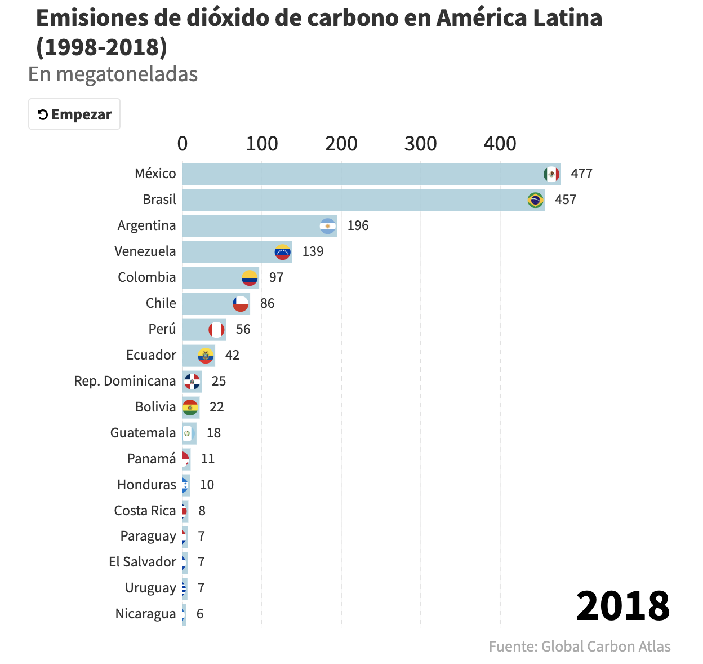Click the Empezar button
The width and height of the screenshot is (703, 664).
tap(74, 114)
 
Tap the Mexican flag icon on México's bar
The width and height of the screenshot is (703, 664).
tap(551, 174)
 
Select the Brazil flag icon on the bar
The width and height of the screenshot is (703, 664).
tap(535, 200)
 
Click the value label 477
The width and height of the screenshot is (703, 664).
tap(581, 174)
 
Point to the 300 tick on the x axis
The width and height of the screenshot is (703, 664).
tap(420, 144)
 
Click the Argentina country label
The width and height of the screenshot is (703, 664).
tap(146, 225)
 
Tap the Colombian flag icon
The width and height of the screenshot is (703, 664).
tap(250, 278)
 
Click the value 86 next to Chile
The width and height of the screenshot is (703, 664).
tap(267, 304)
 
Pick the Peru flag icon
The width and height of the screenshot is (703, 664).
tap(216, 330)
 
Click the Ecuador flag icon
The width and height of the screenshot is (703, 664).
tap(206, 356)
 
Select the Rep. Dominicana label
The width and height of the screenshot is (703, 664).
tap(125, 382)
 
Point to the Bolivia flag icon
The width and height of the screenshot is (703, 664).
tap(190, 408)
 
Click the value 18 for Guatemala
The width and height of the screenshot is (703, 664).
tap(213, 433)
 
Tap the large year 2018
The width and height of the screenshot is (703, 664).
tap(622, 606)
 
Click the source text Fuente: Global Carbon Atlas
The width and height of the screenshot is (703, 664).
tap(580, 647)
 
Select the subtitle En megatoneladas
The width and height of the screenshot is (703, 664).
tap(113, 74)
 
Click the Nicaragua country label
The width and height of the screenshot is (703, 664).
tap(145, 614)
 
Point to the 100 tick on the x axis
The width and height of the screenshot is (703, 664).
tap(261, 144)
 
